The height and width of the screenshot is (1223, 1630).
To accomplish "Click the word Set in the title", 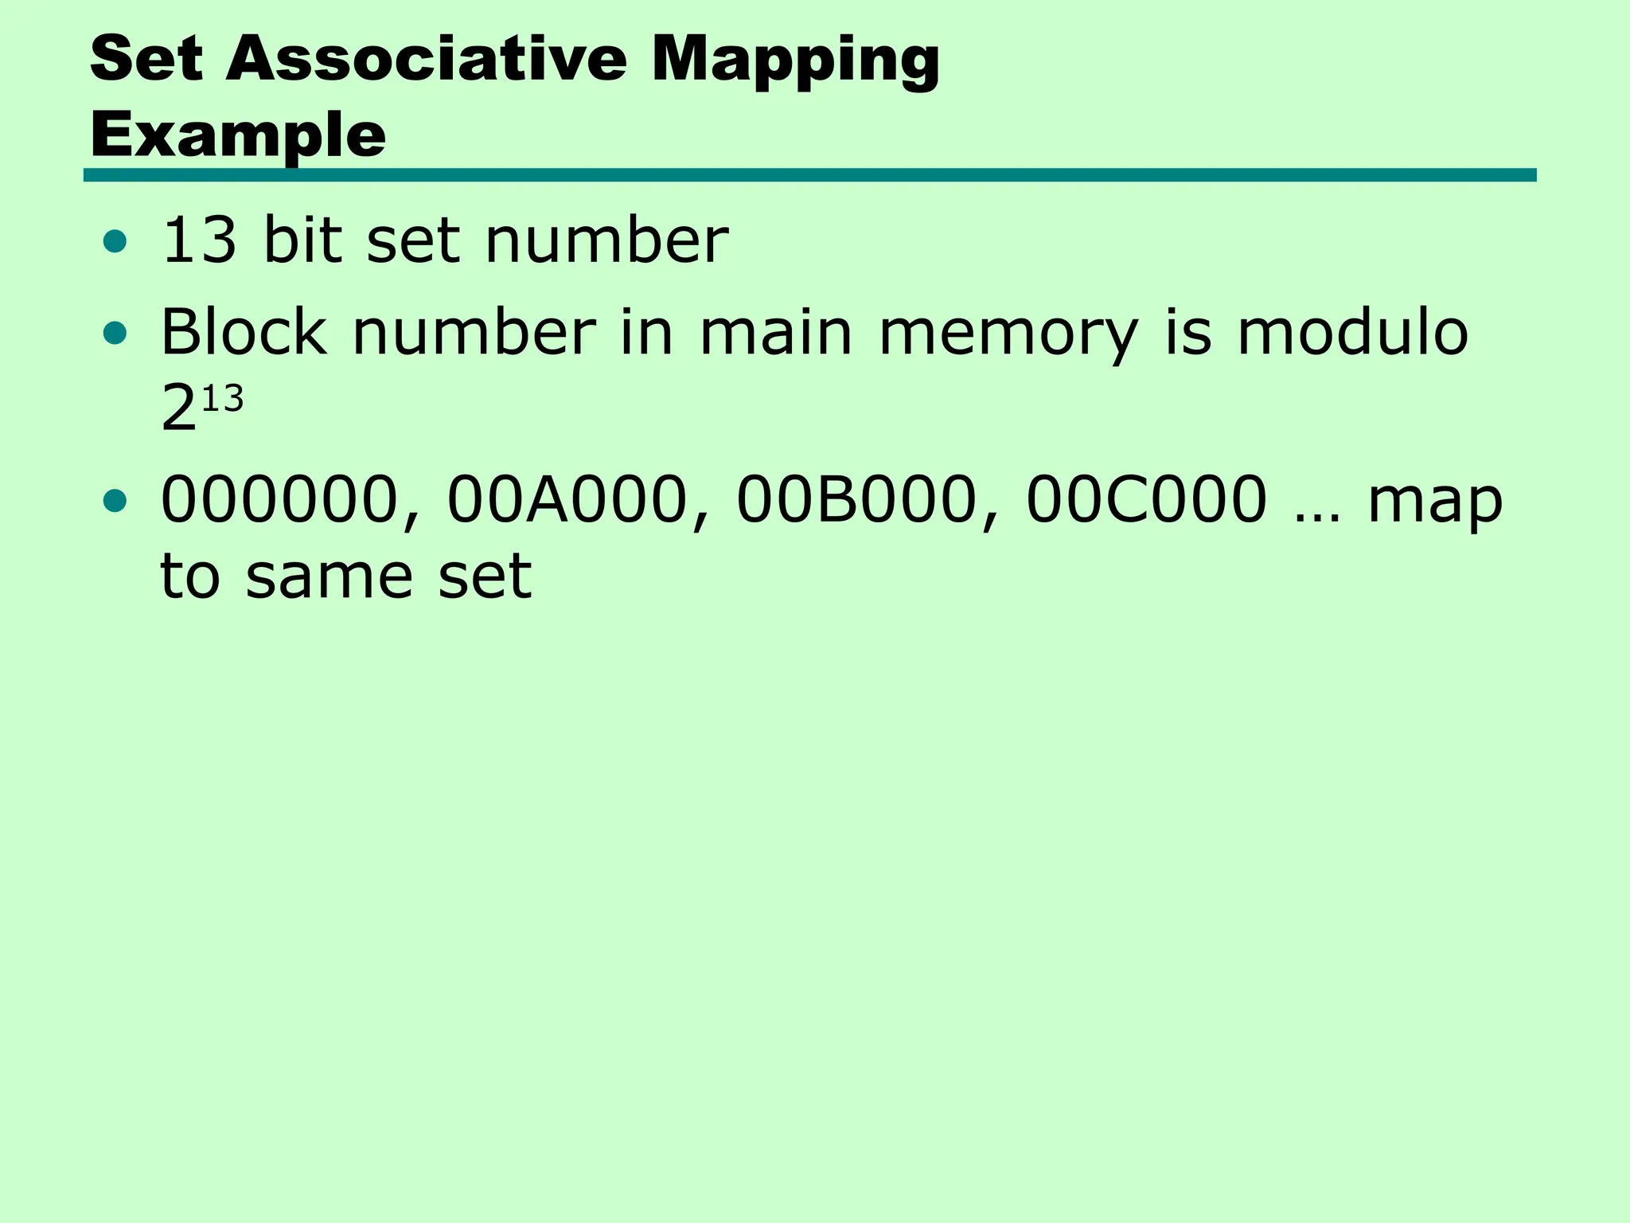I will pos(146,59).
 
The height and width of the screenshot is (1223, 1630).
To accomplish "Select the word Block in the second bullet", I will pos(244,332).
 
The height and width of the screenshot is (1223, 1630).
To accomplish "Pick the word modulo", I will pos(1352,332).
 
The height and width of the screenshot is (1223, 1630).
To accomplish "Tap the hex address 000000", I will pos(279,500).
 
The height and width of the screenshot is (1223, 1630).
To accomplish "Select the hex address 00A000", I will pos(567,500).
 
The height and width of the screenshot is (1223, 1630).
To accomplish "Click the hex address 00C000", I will pos(1146,500).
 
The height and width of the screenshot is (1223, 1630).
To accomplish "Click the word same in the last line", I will pos(329,576).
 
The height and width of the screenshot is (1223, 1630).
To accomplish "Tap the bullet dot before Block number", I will pos(115,334).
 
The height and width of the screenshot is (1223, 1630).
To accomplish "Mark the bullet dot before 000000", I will pos(115,501).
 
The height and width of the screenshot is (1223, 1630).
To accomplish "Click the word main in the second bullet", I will pos(776,332).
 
